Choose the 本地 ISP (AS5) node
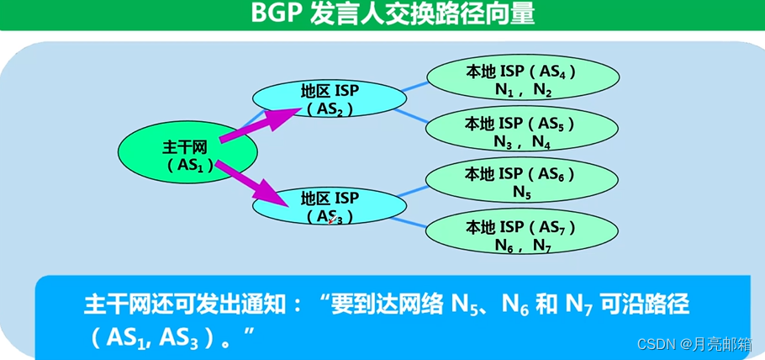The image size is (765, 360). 520,132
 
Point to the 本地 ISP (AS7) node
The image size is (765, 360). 520,236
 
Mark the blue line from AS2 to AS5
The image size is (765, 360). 412,115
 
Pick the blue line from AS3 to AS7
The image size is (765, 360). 412,221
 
